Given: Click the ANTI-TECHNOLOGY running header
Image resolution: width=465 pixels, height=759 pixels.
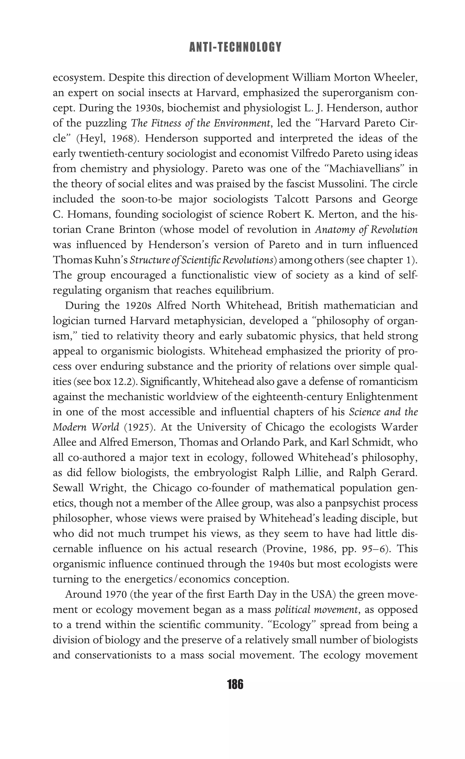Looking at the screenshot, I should (x=235, y=47).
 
